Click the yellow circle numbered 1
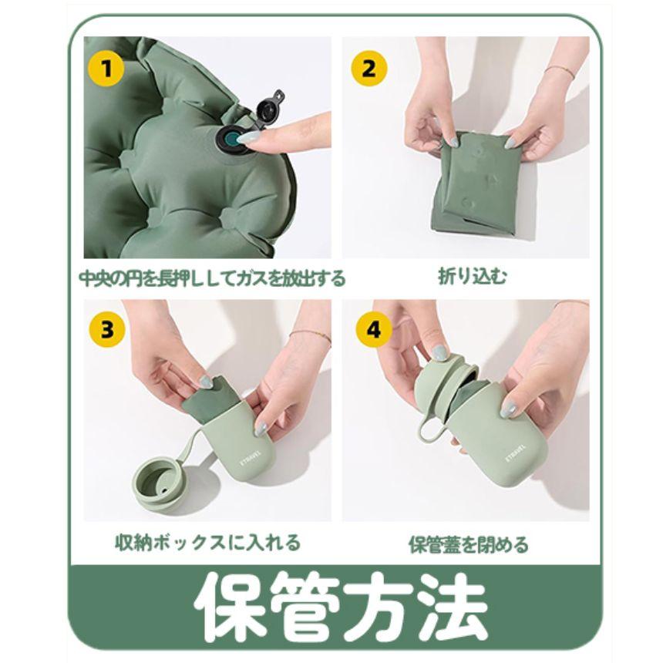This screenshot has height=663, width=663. click(106, 68)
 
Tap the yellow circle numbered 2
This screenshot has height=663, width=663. click(369, 68)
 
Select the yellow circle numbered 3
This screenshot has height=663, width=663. click(107, 329)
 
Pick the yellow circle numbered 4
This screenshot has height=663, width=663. click(373, 329)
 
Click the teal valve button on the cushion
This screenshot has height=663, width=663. click(232, 138)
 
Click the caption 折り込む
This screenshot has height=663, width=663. click(473, 277)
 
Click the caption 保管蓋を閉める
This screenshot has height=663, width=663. click(469, 544)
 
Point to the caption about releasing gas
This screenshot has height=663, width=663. click(212, 278)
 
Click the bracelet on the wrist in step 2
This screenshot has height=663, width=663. click(560, 71)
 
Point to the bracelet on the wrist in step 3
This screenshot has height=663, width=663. click(310, 336)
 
